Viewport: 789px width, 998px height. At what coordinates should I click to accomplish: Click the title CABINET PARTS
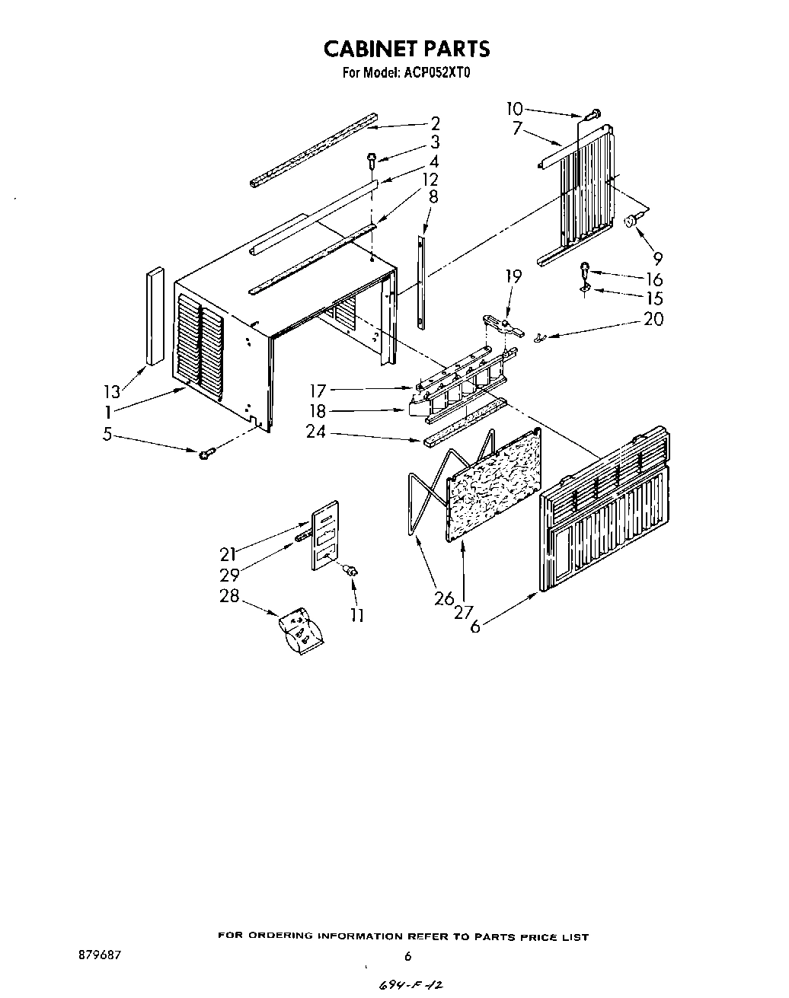(x=407, y=49)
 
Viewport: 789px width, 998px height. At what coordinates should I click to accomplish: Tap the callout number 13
(x=112, y=392)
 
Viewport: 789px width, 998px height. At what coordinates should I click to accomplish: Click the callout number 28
(x=229, y=596)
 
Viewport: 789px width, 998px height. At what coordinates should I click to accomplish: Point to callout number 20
(x=653, y=320)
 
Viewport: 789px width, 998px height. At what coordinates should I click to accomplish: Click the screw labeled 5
(x=206, y=454)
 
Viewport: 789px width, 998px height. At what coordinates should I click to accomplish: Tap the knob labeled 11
(x=353, y=571)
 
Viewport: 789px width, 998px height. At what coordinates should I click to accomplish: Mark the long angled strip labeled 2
(x=312, y=149)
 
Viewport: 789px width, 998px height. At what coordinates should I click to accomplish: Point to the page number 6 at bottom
(x=408, y=956)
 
